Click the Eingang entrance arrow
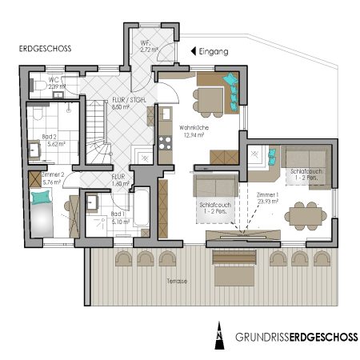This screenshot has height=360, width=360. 192,51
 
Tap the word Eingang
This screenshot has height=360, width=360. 214,51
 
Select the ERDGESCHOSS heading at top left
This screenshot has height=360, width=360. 45,49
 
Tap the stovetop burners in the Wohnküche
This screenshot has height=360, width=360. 166,143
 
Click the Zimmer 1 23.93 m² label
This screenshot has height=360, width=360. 267,198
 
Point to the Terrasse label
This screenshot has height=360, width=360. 178,282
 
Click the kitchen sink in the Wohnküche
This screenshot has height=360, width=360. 166,118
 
